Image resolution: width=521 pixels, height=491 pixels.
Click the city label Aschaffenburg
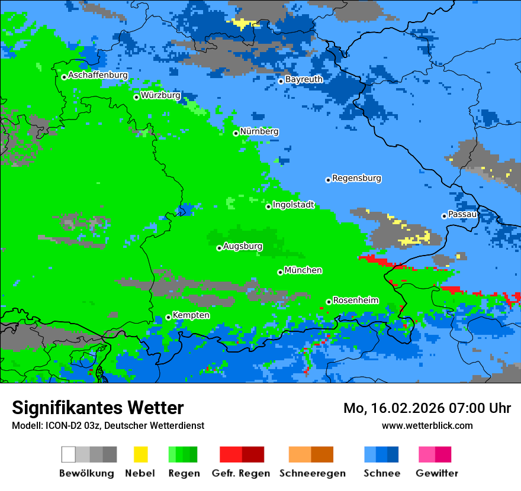click(98, 76)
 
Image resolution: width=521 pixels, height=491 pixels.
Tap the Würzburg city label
click(160, 95)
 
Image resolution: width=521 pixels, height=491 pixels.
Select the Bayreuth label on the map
click(304, 79)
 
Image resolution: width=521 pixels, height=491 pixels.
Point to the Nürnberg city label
click(259, 131)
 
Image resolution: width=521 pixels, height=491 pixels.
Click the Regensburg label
click(356, 178)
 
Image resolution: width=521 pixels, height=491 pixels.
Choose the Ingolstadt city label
click(293, 205)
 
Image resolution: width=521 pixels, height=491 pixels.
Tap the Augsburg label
click(243, 246)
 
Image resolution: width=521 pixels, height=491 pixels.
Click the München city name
click(303, 270)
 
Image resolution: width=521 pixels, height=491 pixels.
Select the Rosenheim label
click(355, 301)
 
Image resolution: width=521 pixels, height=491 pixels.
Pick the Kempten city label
click(191, 315)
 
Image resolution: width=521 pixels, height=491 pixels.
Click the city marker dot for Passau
click(444, 216)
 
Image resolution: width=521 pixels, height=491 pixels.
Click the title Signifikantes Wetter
click(98, 408)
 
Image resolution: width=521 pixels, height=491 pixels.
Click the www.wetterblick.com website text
click(427, 425)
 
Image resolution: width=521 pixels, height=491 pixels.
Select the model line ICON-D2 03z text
click(108, 425)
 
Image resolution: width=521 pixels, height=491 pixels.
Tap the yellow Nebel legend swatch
click(140, 454)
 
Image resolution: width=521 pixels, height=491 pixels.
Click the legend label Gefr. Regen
click(241, 473)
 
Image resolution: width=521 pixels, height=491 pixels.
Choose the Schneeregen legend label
click(312, 473)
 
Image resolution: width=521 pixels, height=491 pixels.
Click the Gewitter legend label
click(437, 473)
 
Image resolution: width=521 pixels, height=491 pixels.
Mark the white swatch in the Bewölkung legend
click(69, 454)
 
